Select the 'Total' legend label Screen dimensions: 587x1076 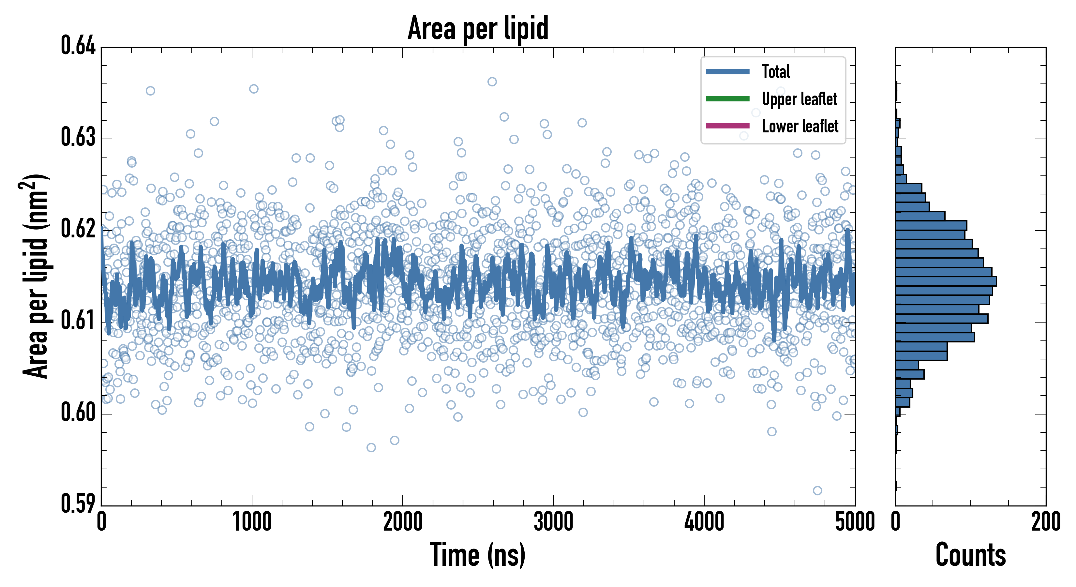[x=776, y=71]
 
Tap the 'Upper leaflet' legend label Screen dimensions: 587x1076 [x=800, y=99]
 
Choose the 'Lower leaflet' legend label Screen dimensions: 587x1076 [x=800, y=126]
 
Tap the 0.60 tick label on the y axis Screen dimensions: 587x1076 [x=78, y=412]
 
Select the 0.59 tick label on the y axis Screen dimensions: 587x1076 [x=78, y=504]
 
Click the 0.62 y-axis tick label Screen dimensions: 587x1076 [x=78, y=229]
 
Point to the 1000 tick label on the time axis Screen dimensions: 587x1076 [x=252, y=522]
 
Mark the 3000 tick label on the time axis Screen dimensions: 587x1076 [x=553, y=522]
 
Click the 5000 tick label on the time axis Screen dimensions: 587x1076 [x=855, y=522]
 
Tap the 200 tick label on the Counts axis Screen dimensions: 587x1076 [x=1045, y=522]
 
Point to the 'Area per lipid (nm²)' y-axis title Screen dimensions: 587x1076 [x=36, y=276]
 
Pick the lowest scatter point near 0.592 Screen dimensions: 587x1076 [x=817, y=490]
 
